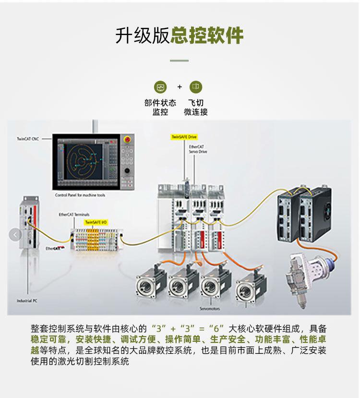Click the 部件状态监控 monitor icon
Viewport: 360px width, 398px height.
[160, 87]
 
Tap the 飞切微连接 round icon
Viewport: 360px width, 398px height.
[196, 87]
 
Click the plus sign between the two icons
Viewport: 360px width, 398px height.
[180, 87]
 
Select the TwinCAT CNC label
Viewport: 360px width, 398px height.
[28, 138]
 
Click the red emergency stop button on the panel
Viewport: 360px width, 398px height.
[127, 140]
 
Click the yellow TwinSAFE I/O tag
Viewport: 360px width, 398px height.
[96, 222]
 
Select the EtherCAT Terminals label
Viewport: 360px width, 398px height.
[74, 215]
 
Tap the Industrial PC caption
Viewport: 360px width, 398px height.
[27, 301]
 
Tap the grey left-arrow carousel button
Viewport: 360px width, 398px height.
[15, 235]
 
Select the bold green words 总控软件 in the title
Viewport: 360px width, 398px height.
[207, 36]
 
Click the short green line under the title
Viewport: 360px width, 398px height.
[180, 61]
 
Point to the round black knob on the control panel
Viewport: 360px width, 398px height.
[127, 170]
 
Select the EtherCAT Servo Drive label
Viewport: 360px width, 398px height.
[197, 148]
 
